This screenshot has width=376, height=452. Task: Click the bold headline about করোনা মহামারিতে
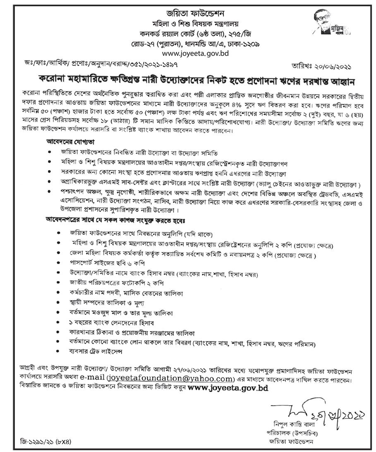click(188, 79)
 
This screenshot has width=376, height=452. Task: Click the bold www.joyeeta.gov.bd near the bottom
click(228, 388)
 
